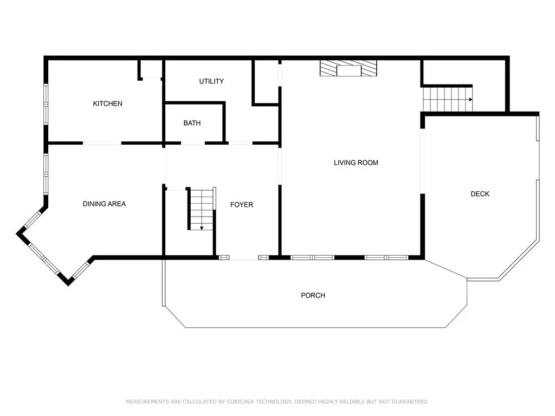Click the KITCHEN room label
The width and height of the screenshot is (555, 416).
click(108, 103)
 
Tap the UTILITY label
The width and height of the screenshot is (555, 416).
click(211, 81)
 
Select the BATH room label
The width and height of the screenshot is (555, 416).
click(192, 123)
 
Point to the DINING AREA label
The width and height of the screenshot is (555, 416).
click(104, 204)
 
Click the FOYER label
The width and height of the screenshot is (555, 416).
click(241, 205)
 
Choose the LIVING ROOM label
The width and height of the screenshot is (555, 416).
click(356, 162)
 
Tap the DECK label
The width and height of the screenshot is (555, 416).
click(480, 194)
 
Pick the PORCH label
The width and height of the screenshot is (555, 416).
click(313, 295)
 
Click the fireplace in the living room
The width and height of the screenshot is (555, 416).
click(349, 68)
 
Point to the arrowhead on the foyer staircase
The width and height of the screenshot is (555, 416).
click(202, 228)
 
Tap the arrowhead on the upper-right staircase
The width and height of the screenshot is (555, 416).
click(471, 100)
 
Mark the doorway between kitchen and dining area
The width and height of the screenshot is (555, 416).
click(102, 143)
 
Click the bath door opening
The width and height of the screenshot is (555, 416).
click(193, 143)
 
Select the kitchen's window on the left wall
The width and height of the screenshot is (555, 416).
click(46, 104)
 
